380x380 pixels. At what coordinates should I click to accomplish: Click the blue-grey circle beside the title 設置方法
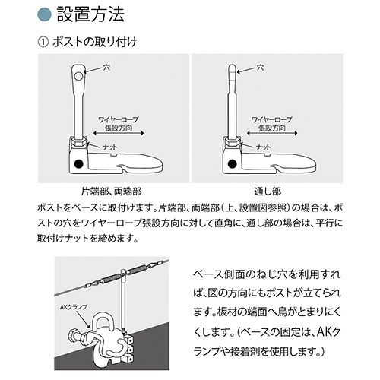pos(44,14)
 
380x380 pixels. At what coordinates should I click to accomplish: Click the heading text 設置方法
pos(90,14)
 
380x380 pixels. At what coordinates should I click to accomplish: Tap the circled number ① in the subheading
pos(43,42)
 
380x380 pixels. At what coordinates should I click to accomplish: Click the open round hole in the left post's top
pos(79,76)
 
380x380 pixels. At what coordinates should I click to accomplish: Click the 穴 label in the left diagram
pos(106,68)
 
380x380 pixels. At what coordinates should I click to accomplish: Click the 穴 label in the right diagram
pos(260,68)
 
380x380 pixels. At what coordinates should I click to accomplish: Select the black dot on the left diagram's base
pos(79,163)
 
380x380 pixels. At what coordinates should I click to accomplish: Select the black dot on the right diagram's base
pos(233,163)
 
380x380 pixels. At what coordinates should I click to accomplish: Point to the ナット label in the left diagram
pos(110,147)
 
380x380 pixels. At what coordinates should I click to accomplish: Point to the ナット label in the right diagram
pos(264,147)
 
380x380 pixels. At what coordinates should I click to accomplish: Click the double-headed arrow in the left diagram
pos(119,133)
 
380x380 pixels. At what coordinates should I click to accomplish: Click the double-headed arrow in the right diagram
pos(272,133)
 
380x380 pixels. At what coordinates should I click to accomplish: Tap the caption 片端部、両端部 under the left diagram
pos(111,192)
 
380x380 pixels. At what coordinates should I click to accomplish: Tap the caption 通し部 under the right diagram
pos(268,192)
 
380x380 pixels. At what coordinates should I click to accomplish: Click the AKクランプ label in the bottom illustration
pos(74,307)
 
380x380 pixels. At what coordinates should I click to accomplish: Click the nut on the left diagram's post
pos(78,143)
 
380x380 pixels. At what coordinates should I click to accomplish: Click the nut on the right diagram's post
pos(233,143)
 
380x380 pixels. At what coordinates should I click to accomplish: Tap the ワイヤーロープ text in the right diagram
pos(272,119)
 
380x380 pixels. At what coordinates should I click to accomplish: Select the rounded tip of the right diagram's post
pos(233,68)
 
